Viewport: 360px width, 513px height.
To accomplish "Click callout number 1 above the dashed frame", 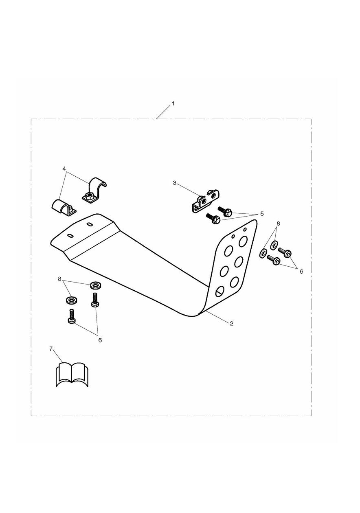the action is tap(173, 104).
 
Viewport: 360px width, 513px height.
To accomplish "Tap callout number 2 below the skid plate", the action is tap(232, 323).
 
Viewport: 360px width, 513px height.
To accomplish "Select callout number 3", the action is tap(175, 183).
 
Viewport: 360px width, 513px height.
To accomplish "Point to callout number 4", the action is tap(64, 168).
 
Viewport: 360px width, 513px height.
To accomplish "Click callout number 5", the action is tap(262, 214).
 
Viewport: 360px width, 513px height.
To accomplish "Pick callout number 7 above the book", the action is tap(51, 355).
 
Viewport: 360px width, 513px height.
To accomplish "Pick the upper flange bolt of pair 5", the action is tap(225, 211).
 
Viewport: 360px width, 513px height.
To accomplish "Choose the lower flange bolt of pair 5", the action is tap(213, 219).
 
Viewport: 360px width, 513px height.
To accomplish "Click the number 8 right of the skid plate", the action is tap(278, 223).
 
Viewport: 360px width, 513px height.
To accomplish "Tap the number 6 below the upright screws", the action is tap(100, 340).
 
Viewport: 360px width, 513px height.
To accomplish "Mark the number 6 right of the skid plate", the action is tap(301, 272).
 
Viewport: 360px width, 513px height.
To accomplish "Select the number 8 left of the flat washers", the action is tap(59, 279).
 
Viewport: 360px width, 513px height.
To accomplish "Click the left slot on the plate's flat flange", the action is tap(70, 235).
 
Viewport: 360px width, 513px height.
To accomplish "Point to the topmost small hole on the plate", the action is tap(245, 229).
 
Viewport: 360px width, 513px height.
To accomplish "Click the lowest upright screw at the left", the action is tap(72, 316).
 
